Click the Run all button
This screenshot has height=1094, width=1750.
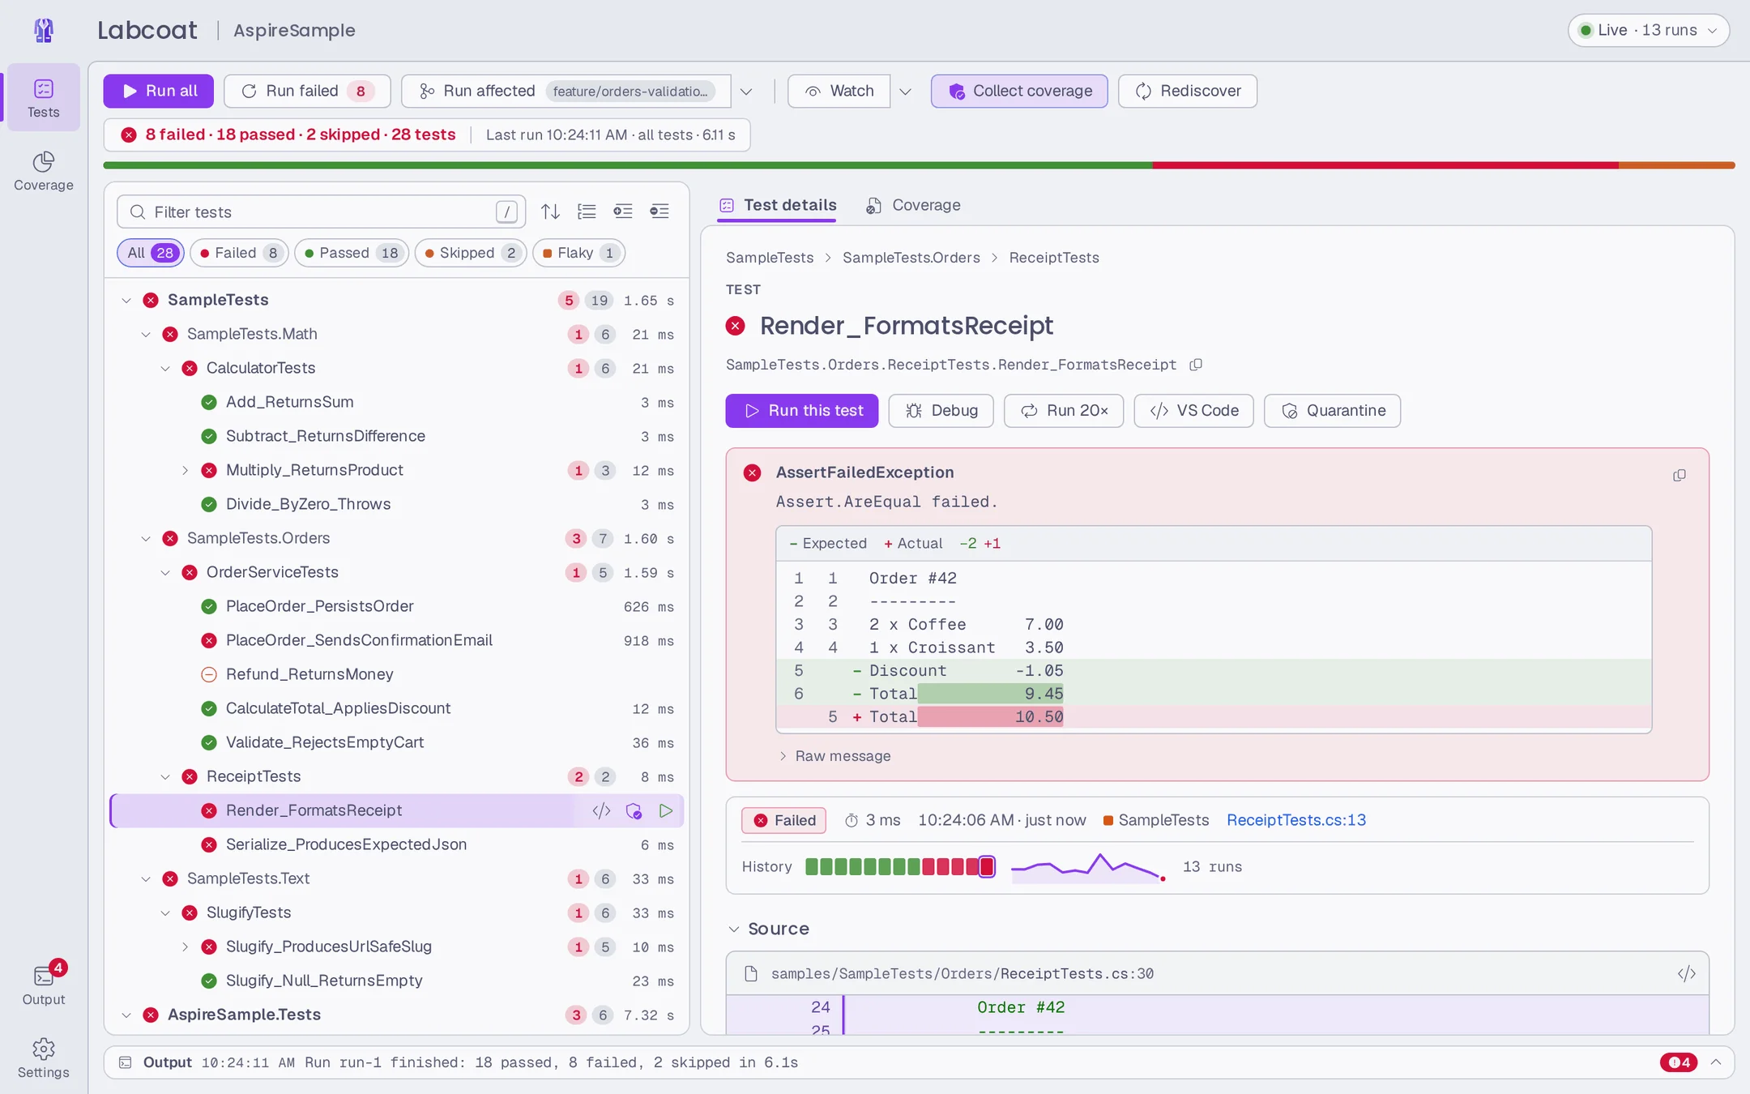159,91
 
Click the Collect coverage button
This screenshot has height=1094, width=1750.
1019,91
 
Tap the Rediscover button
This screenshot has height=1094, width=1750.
1188,91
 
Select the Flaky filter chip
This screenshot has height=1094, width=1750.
578,253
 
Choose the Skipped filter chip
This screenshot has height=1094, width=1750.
471,253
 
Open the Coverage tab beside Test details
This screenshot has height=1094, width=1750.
913,205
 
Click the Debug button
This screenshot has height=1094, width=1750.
941,411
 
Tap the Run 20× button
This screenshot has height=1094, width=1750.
1064,411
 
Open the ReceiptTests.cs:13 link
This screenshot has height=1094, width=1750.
1296,820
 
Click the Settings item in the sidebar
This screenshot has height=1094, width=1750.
44,1058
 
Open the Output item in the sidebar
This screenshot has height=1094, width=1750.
44,985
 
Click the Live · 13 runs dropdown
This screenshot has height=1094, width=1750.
1649,30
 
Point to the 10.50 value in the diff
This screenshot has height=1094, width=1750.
1039,717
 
